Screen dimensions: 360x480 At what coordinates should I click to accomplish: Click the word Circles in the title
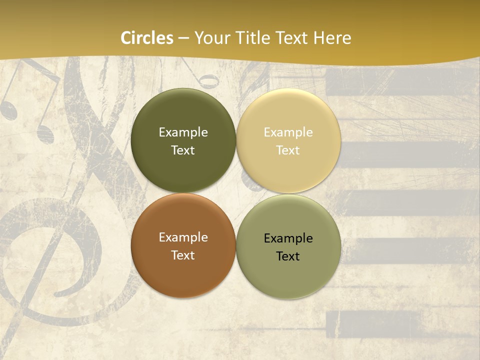coord(147,38)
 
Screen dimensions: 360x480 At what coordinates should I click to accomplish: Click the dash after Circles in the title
coord(183,38)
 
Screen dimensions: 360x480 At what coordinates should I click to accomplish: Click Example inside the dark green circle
coord(183,132)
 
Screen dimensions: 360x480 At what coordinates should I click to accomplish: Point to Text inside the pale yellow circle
coord(288,150)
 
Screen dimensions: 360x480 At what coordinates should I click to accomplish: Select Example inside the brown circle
coord(183,237)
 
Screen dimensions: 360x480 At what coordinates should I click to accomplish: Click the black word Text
coord(288,256)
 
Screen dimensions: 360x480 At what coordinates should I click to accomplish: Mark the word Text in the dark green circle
coord(183,150)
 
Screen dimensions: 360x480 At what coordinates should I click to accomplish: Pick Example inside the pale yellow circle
coord(288,132)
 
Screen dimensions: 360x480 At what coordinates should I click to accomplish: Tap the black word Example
coord(288,238)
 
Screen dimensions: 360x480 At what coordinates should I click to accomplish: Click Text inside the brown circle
coord(183,255)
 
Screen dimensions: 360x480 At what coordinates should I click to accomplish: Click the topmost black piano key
coord(400,81)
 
